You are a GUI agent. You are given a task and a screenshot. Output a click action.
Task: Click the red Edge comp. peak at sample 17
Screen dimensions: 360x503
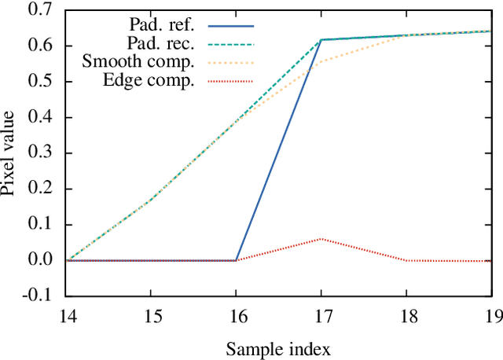pyautogui.click(x=321, y=239)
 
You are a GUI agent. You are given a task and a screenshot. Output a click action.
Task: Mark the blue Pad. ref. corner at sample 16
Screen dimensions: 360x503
pyautogui.click(x=236, y=260)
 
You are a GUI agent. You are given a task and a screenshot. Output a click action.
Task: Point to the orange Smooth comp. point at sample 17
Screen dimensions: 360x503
pyautogui.click(x=321, y=61)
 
